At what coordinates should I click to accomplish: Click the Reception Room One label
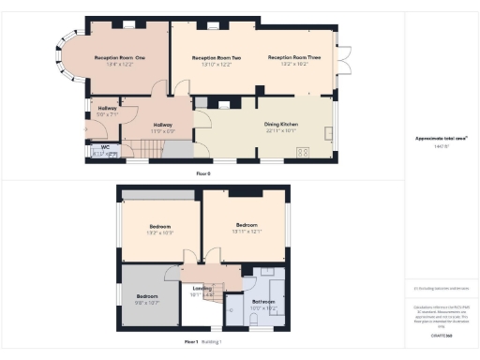[119, 57]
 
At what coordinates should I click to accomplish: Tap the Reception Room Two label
[217, 58]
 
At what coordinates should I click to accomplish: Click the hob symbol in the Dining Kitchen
[303, 153]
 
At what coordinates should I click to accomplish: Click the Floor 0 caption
[203, 174]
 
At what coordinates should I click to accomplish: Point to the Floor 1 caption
[191, 342]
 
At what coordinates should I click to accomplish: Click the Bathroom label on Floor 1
[262, 300]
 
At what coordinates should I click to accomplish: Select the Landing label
[201, 288]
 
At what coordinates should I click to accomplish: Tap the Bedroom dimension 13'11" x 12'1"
[247, 232]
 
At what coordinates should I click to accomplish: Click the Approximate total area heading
[441, 139]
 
